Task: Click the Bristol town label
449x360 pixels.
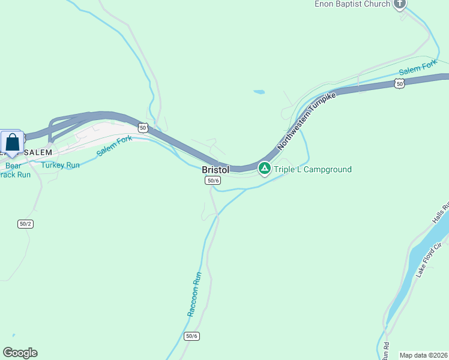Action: point(215,170)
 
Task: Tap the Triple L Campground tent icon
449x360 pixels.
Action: point(264,169)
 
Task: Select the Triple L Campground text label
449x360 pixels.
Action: point(313,169)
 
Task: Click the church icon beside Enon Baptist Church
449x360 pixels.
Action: point(400,4)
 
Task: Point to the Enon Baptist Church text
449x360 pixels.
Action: point(352,4)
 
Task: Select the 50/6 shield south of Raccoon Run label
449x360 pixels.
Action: point(191,336)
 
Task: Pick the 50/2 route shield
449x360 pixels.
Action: point(25,224)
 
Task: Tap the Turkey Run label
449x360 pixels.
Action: point(61,164)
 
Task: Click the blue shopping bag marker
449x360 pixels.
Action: point(12,143)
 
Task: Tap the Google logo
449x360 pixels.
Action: point(20,353)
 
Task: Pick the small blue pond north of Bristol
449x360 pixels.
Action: point(259,92)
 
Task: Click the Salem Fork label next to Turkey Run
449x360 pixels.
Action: point(115,146)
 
